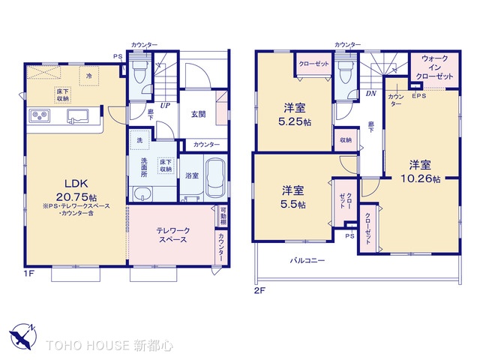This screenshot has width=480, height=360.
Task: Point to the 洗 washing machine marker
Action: point(139,140)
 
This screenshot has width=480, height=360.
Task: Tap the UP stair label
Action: point(163,106)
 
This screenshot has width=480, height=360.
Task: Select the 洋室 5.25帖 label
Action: point(292,113)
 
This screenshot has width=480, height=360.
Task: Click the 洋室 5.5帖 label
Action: point(293,196)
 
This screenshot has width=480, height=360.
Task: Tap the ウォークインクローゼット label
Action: point(436,67)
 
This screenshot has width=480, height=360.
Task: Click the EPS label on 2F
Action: point(418,95)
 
